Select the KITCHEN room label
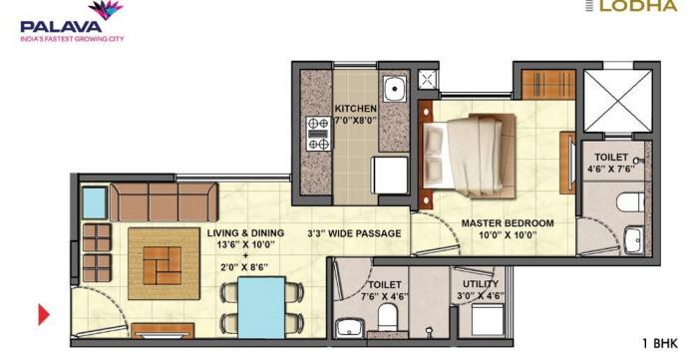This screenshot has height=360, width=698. pyautogui.click(x=354, y=109)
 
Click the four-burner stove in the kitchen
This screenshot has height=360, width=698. pyautogui.click(x=319, y=133)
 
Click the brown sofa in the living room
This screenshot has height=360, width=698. pyautogui.click(x=162, y=201)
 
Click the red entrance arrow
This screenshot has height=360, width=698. pyautogui.click(x=43, y=315)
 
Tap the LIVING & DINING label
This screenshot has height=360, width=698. pyautogui.click(x=245, y=233)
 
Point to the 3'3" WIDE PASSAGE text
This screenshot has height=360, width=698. pyautogui.click(x=354, y=233)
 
